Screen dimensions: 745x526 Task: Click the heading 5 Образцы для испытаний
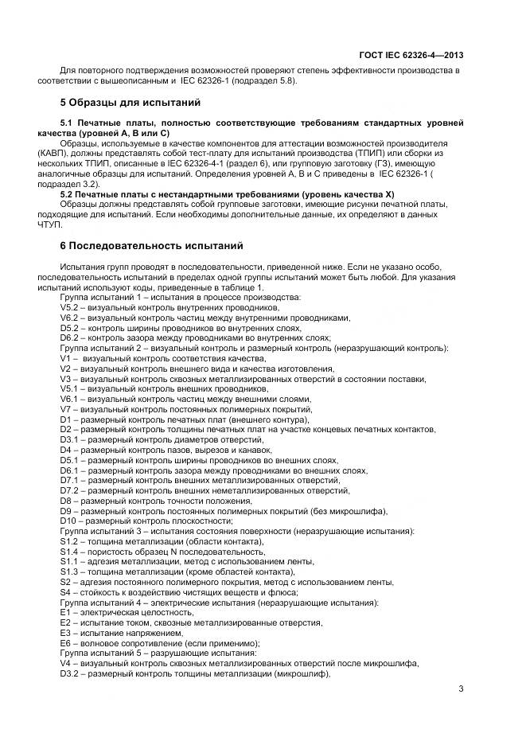click(131, 103)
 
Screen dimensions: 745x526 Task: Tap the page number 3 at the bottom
click(462, 688)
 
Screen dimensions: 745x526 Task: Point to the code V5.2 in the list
click(70, 306)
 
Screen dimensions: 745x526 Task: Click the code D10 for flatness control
click(68, 521)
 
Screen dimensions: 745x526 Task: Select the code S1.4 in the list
click(70, 551)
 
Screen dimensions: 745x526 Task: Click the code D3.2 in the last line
click(70, 673)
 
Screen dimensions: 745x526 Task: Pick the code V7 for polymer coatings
click(65, 408)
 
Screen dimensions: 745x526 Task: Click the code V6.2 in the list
click(70, 317)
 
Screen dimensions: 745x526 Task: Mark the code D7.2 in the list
click(70, 490)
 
